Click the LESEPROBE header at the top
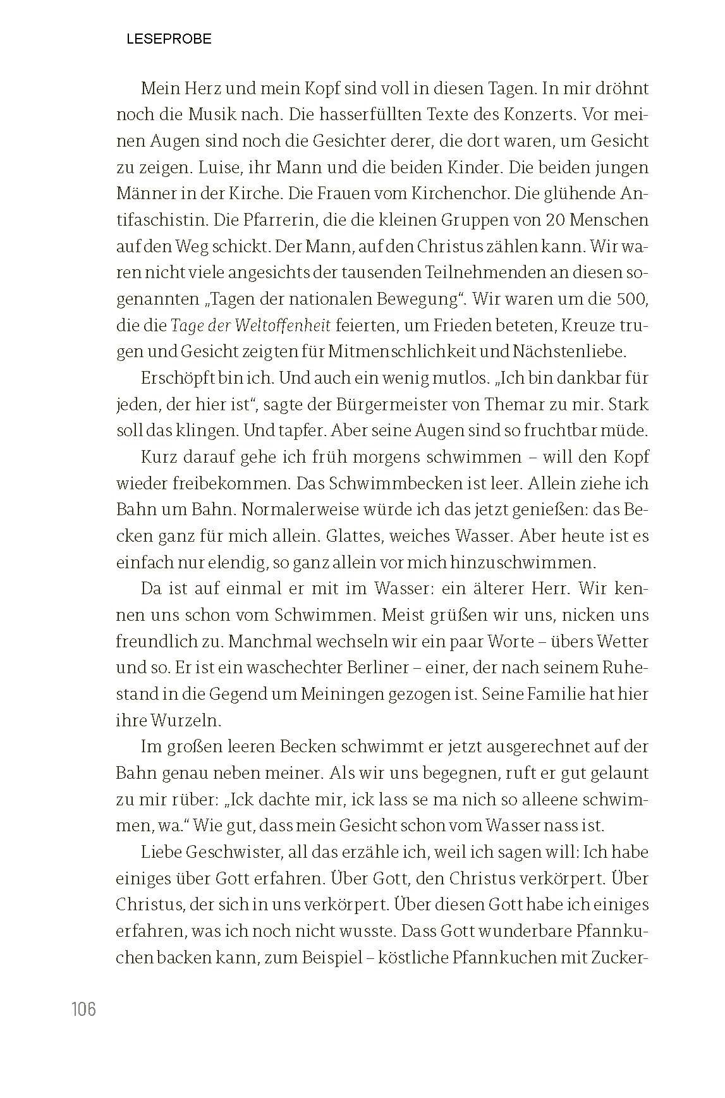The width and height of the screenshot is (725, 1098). pos(169,39)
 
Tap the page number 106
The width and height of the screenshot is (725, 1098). pos(83,1009)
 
